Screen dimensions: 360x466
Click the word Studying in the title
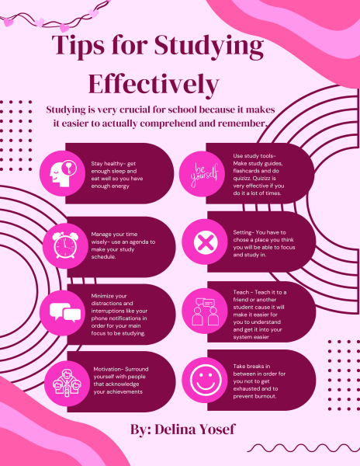click(209, 47)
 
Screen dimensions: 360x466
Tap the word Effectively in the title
click(154, 85)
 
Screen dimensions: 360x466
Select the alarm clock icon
click(64, 245)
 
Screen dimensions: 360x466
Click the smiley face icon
click(206, 379)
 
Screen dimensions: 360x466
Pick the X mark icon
click(206, 242)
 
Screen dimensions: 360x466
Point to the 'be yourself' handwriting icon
click(204, 175)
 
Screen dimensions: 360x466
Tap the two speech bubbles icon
click(65, 312)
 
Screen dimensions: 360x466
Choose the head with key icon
click(63, 173)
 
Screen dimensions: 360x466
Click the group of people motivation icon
click(67, 383)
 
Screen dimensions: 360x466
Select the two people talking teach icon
click(205, 311)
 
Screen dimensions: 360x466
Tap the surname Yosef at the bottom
click(217, 429)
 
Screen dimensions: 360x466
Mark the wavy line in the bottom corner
click(303, 447)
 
